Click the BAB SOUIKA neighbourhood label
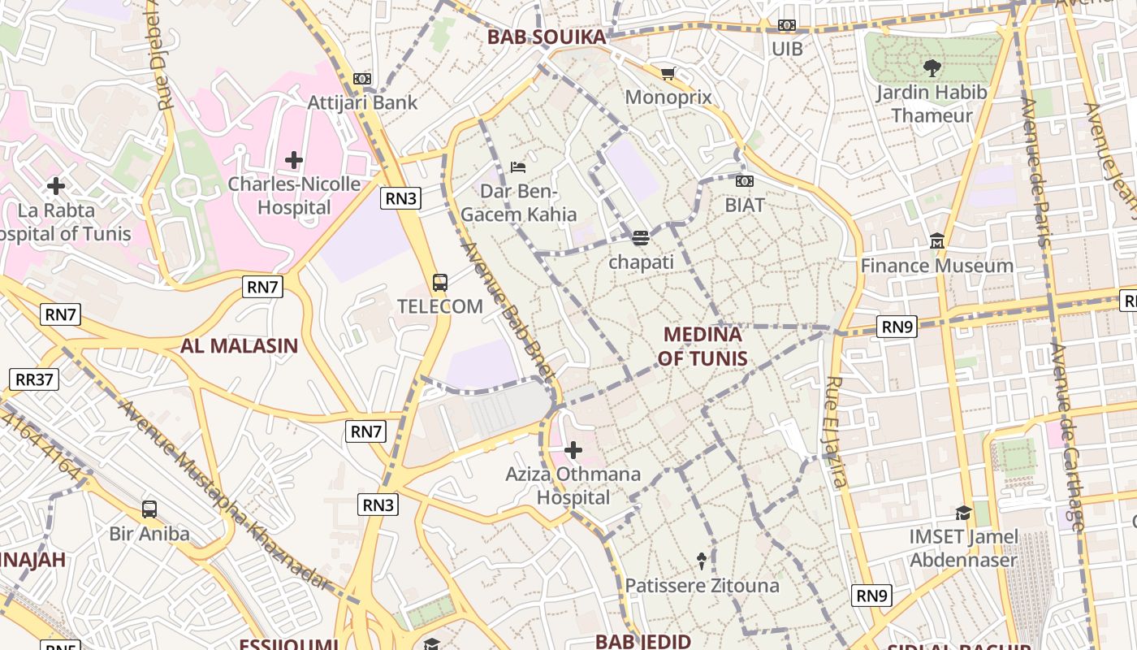547,37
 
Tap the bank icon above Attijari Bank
362,79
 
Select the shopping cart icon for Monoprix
668,74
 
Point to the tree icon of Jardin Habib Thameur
932,68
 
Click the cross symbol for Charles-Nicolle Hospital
294,160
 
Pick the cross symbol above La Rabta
56,186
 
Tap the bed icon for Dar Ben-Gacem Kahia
518,167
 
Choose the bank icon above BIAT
744,181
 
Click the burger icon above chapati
641,238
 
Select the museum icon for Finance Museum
937,241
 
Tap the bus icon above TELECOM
440,283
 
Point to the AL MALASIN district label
239,346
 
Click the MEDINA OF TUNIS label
703,346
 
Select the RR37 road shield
34,379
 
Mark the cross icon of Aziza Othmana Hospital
573,449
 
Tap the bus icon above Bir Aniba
149,509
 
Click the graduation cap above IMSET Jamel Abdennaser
963,513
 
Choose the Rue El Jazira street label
837,431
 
